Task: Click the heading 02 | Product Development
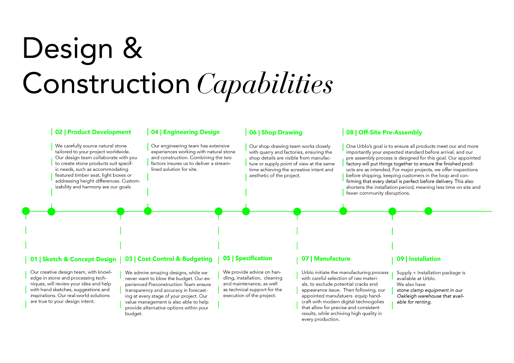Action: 93,132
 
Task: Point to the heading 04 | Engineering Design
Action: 185,132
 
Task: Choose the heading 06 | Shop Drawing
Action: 275,133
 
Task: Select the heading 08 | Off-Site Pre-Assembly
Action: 384,133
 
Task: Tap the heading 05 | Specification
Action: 247,259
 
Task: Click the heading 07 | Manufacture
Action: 326,259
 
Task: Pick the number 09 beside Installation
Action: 400,259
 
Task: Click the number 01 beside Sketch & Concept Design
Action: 34,259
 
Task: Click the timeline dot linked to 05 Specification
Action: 218,211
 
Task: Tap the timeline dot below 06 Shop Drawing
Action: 246,211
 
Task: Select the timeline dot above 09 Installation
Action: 392,211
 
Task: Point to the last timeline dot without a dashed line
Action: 428,211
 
